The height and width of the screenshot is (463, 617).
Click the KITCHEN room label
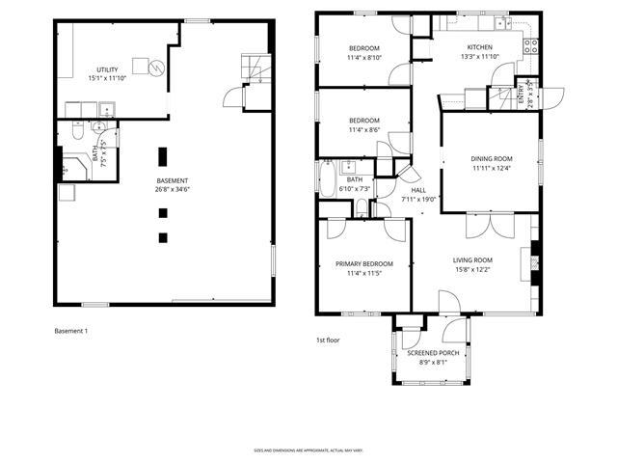pyautogui.click(x=480, y=47)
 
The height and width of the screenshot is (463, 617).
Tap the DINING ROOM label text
pyautogui.click(x=492, y=158)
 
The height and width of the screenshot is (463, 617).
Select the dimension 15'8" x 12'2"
pyautogui.click(x=472, y=270)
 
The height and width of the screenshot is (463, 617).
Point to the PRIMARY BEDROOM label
pyautogui.click(x=364, y=263)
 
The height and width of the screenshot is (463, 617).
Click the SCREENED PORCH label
pyautogui.click(x=432, y=353)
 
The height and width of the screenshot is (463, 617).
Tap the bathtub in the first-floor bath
pyautogui.click(x=327, y=179)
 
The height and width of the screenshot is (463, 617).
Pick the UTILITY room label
pyautogui.click(x=107, y=70)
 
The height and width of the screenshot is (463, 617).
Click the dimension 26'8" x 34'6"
pyautogui.click(x=173, y=190)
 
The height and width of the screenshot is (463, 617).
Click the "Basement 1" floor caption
pyautogui.click(x=71, y=331)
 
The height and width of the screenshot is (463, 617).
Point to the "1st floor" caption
pyautogui.click(x=328, y=340)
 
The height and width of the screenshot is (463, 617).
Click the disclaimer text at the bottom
pyautogui.click(x=308, y=449)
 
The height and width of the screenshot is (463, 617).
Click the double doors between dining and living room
pyautogui.click(x=482, y=227)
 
